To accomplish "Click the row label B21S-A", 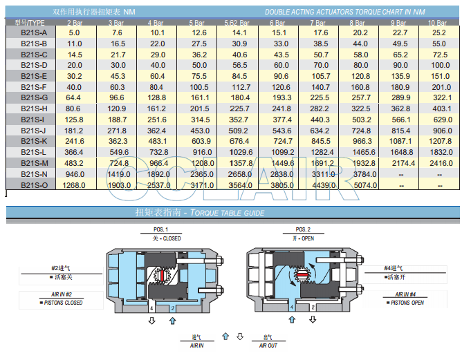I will (33, 32).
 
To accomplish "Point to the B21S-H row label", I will (33, 108).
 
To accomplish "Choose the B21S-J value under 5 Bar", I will (199, 131).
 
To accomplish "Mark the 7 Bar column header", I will (320, 23).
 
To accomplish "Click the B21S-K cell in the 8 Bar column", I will (360, 141).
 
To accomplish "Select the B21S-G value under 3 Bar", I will (117, 98).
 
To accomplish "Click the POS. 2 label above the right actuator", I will (303, 229).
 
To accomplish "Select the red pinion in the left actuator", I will (165, 276).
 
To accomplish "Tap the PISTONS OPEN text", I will (407, 303).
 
